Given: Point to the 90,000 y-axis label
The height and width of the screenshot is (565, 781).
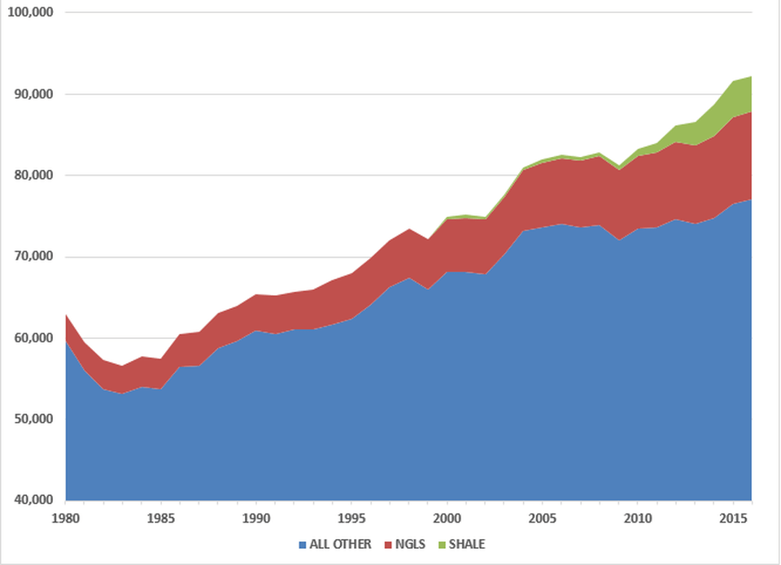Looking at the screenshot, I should [33, 94].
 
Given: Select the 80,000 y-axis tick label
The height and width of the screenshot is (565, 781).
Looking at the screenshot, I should [33, 176].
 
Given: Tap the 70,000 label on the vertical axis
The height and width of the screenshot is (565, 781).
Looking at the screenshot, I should [33, 257].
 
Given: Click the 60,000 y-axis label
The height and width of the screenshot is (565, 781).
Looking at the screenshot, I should [33, 338].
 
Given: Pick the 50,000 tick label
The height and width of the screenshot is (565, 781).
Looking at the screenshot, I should [33, 419].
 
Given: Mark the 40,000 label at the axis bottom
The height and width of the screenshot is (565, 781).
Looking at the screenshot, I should [33, 500].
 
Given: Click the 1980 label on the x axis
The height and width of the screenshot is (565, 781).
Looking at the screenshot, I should [65, 518].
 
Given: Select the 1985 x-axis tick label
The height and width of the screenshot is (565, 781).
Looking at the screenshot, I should [161, 518].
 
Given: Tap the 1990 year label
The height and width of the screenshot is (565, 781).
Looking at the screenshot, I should [256, 518].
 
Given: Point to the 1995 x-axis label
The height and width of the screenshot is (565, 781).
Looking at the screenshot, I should [351, 518].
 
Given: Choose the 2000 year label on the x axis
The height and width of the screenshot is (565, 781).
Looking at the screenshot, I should [447, 518].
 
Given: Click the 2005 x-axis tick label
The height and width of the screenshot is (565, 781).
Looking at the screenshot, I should [542, 518].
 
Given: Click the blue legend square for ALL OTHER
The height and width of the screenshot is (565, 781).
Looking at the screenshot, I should [303, 545].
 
